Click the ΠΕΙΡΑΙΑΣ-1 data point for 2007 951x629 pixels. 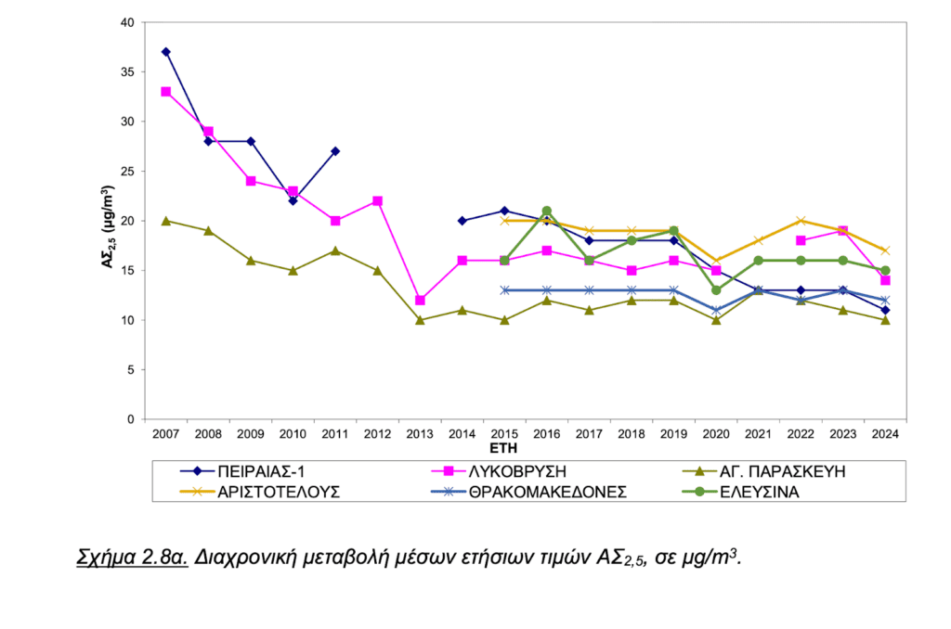165,52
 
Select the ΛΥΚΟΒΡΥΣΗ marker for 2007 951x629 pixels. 165,92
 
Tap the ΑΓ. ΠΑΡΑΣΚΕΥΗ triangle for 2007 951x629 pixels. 165,221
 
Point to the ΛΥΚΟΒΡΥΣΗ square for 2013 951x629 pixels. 420,301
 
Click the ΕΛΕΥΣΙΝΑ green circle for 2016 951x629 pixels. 547,211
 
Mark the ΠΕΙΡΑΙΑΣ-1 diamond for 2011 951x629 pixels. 335,151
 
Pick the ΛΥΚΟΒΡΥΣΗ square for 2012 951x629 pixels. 378,200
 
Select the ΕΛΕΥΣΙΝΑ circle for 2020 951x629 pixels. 716,290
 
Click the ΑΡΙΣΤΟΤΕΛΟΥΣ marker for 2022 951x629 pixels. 801,221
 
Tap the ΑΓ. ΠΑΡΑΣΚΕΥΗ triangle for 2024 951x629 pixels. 885,320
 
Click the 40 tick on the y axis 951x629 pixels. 128,22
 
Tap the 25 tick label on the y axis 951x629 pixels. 128,172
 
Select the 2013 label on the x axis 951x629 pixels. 420,433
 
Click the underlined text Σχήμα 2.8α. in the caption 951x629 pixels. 133,558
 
